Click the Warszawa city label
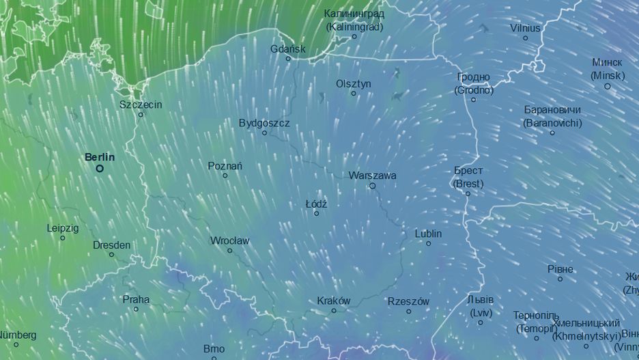click(x=372, y=176)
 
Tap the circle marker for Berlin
click(x=100, y=168)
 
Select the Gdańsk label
click(x=288, y=49)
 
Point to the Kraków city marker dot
click(x=334, y=311)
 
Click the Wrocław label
click(x=229, y=240)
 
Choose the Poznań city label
click(x=225, y=166)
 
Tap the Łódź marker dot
click(x=316, y=214)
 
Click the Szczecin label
click(x=141, y=105)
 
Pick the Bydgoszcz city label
click(x=264, y=123)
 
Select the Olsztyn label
click(x=354, y=83)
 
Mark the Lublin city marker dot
click(x=429, y=243)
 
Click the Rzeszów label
click(x=408, y=301)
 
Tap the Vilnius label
click(x=525, y=28)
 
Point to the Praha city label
click(x=136, y=299)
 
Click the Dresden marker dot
click(x=111, y=255)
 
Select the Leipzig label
click(x=63, y=227)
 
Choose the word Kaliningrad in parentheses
click(x=354, y=27)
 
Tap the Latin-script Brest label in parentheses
click(x=468, y=184)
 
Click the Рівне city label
click(x=560, y=269)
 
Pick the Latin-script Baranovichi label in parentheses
click(x=552, y=123)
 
